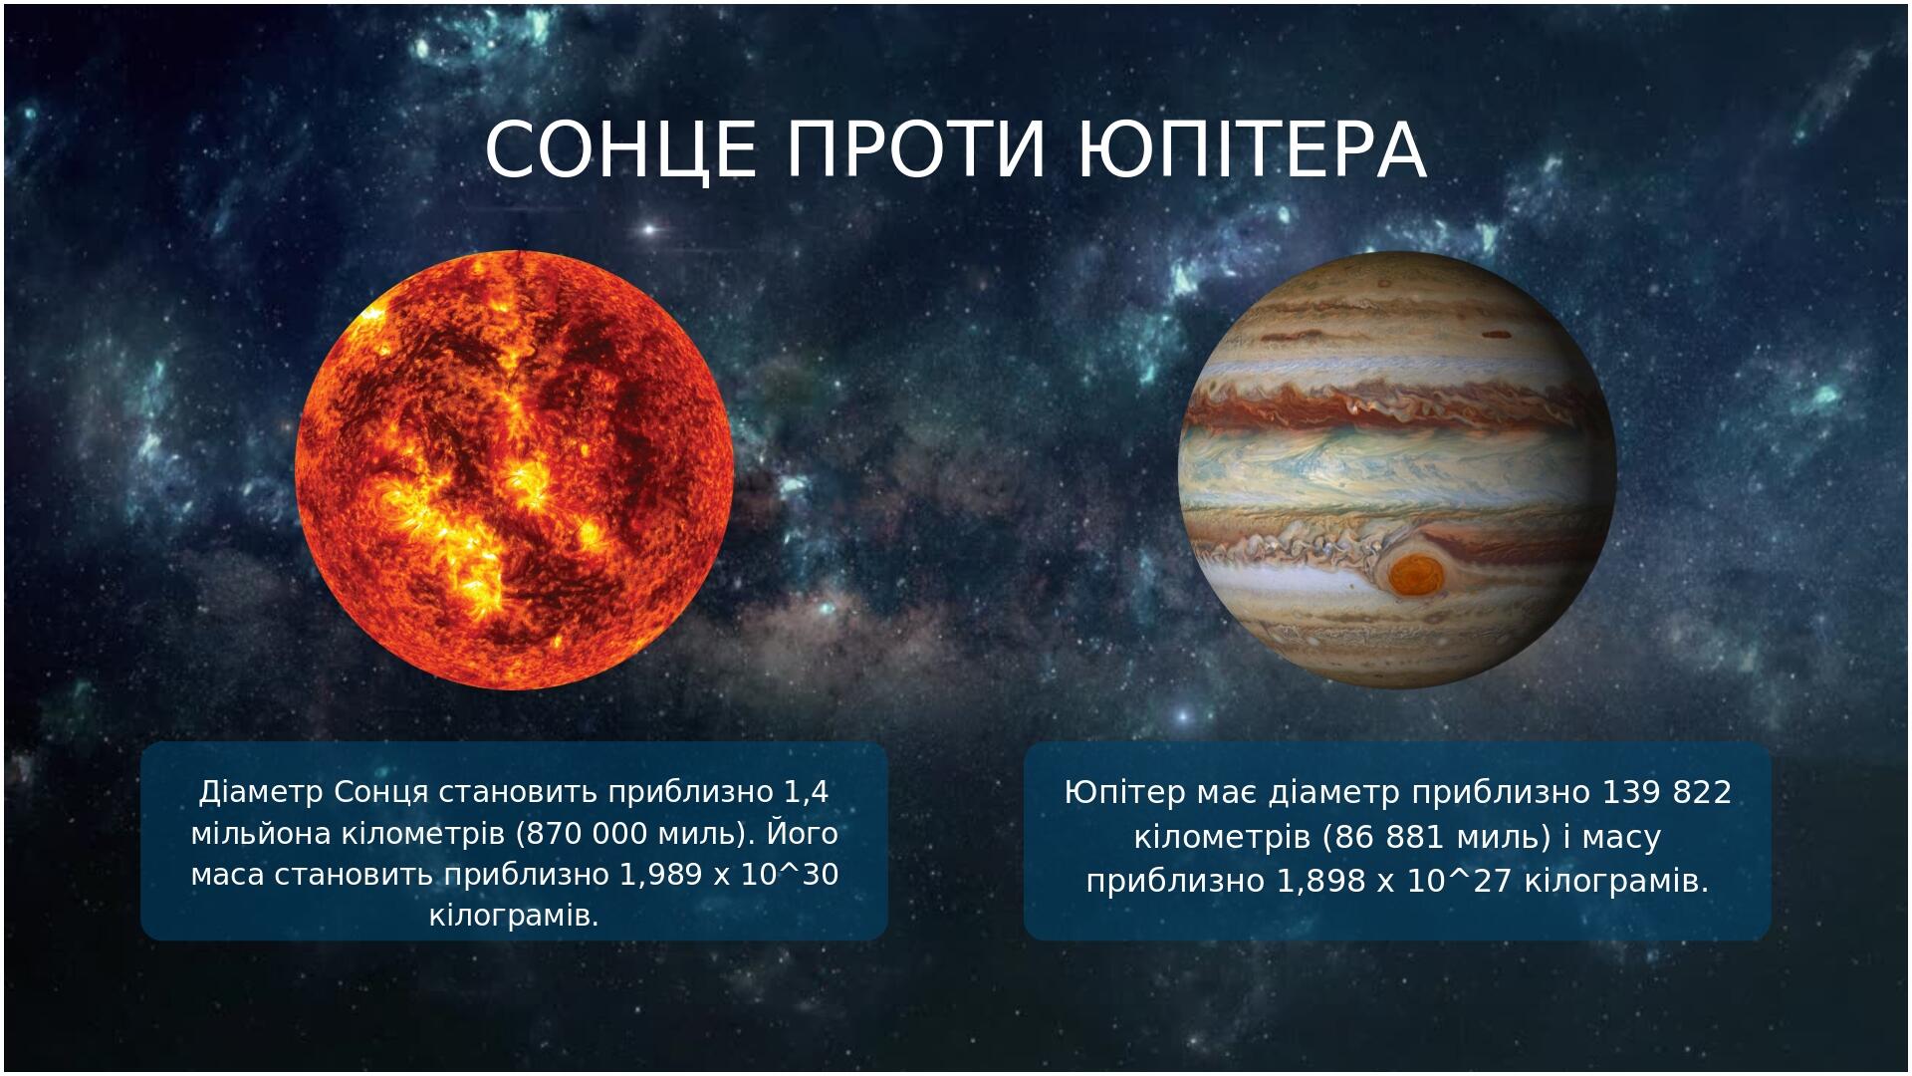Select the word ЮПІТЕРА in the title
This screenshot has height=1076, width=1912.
tap(1253, 150)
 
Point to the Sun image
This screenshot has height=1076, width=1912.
tap(515, 469)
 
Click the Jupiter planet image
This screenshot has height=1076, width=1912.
tap(1397, 469)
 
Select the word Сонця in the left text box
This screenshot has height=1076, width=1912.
tap(380, 794)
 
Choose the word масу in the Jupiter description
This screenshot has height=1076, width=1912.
tap(1622, 838)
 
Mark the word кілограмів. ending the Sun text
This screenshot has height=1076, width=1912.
tap(514, 915)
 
